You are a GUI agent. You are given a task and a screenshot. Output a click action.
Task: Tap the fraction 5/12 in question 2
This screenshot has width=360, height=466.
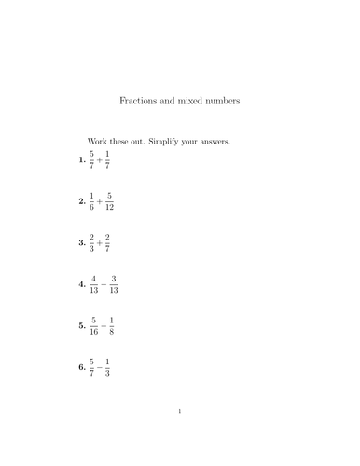pyautogui.click(x=109, y=201)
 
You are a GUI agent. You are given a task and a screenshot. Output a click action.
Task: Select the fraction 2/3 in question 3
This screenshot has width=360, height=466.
pyautogui.click(x=90, y=242)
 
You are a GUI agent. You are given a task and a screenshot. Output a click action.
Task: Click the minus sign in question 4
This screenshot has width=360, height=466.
pyautogui.click(x=102, y=283)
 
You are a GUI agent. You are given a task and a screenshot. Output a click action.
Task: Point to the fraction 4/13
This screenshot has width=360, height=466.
pyautogui.click(x=92, y=283)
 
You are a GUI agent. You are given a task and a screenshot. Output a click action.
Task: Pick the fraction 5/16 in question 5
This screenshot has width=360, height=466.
pyautogui.click(x=92, y=325)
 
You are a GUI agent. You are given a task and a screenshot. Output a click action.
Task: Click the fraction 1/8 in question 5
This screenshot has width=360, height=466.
pyautogui.click(x=111, y=325)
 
